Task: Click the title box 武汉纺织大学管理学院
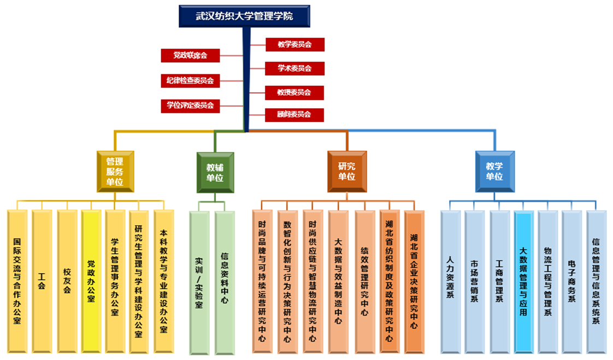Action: [x=244, y=16]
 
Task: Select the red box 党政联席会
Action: [x=190, y=55]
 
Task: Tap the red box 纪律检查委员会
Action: [x=190, y=80]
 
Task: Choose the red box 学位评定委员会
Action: [x=190, y=105]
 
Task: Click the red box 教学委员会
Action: [x=294, y=44]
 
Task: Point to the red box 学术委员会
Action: [x=294, y=68]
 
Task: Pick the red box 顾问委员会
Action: [x=294, y=115]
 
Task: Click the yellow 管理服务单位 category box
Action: [x=115, y=171]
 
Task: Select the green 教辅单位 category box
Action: [x=215, y=171]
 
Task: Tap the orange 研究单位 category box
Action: [x=346, y=171]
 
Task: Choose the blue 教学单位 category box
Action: [x=494, y=171]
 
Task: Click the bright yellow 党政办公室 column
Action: [x=91, y=281]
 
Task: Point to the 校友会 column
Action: [x=67, y=281]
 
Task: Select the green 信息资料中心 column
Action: [x=225, y=281]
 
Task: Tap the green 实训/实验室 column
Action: [x=199, y=281]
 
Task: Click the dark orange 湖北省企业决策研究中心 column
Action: [x=414, y=281]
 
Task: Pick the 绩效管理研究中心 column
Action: [x=364, y=281]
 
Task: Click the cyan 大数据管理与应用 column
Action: [x=523, y=281]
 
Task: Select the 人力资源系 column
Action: [x=450, y=281]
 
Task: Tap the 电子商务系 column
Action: [x=571, y=281]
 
